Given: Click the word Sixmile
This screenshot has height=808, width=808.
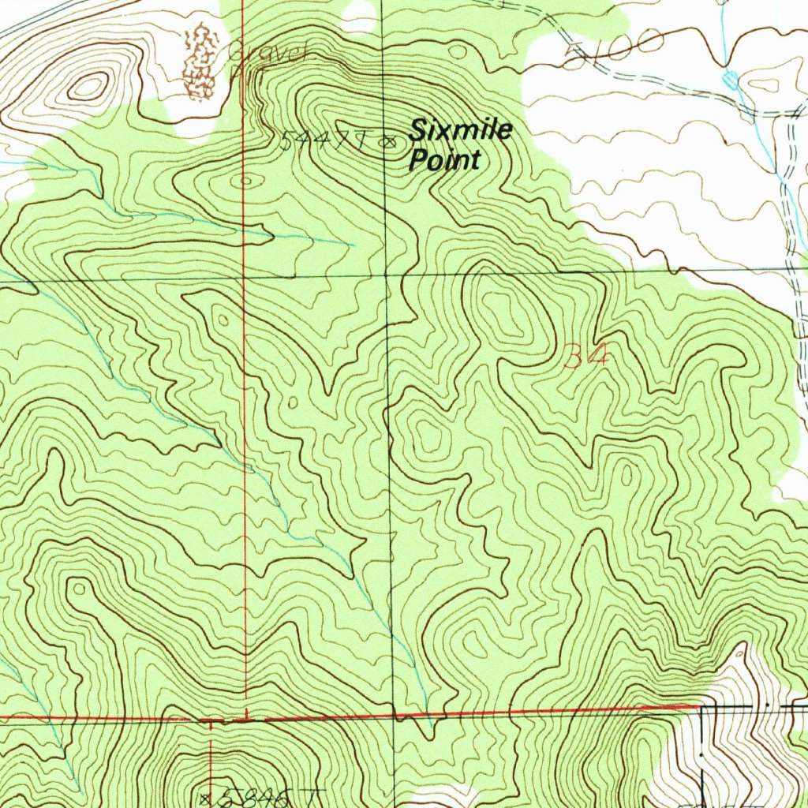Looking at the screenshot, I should click(460, 131).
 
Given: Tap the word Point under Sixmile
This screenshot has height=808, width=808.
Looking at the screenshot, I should click(443, 160).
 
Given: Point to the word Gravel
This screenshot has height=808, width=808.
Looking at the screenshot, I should click(266, 54).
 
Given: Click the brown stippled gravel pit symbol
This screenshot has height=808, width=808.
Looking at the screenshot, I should click(200, 62).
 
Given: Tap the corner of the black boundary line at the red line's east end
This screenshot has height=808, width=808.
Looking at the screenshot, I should click(701, 707).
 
